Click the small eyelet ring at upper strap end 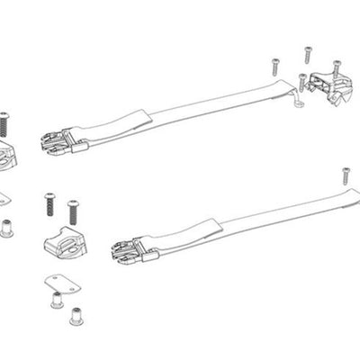tap(299, 103)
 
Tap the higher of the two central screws tap(46, 202)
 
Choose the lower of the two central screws tap(72, 213)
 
